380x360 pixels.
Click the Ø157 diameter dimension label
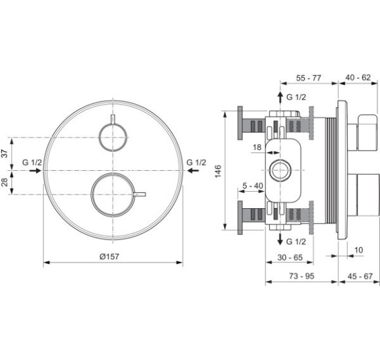(109, 257)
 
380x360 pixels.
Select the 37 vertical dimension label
(5, 153)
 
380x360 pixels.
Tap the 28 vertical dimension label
(5, 182)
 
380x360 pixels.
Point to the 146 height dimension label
(218, 171)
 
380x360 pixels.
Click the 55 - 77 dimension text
(309, 78)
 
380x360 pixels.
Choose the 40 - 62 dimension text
(358, 77)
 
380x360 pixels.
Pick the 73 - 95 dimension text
(301, 276)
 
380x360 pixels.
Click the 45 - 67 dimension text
(360, 276)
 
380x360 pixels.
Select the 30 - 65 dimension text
(290, 257)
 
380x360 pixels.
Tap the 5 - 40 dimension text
(253, 186)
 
